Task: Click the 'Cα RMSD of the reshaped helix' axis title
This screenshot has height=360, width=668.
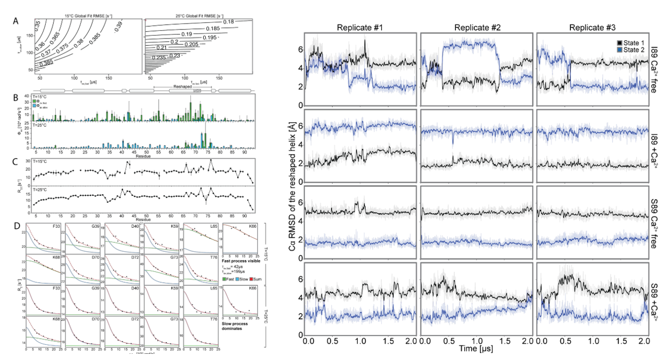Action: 292,185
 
